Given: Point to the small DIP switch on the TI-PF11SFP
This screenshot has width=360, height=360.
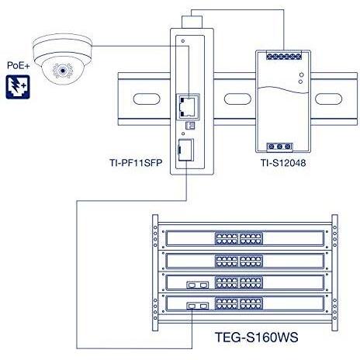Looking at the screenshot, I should click(187, 125).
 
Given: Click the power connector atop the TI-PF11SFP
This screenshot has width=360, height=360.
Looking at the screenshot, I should click(186, 20).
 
